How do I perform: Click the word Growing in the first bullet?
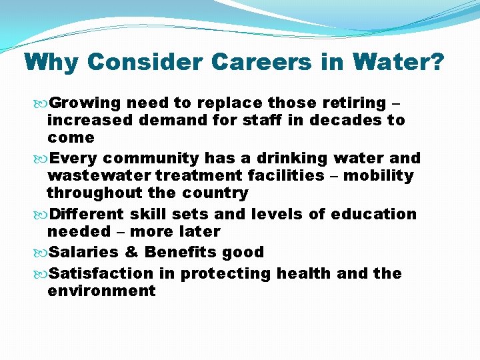tap(85, 103)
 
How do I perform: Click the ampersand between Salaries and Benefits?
tap(131, 253)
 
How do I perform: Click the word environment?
tap(102, 291)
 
